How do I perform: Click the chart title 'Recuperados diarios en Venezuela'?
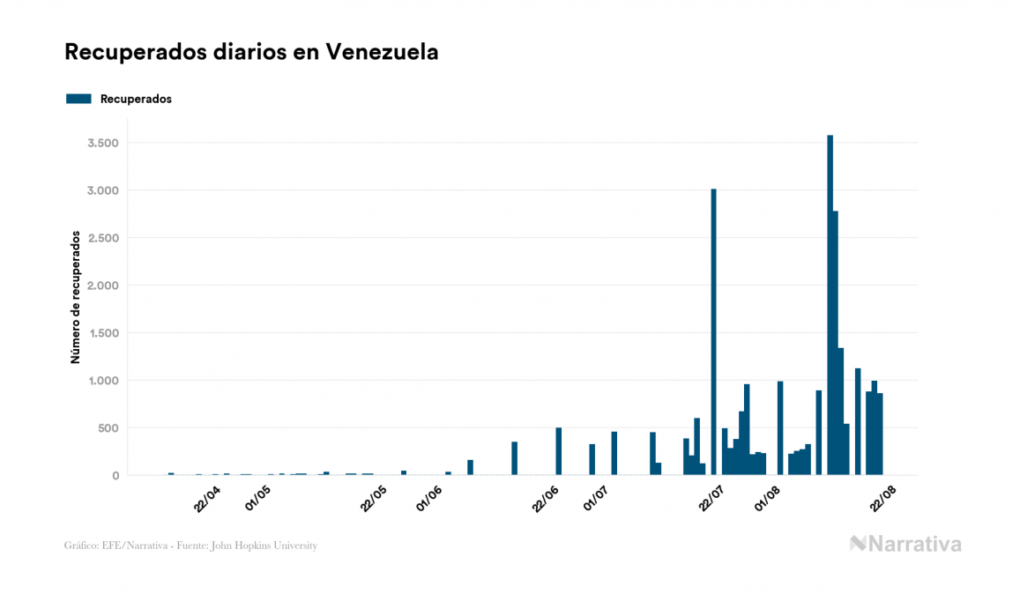click(251, 52)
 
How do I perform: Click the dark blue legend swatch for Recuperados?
click(78, 99)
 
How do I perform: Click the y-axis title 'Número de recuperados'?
click(76, 298)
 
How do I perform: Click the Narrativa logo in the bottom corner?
click(905, 544)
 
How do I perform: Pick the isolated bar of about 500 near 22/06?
click(559, 452)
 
